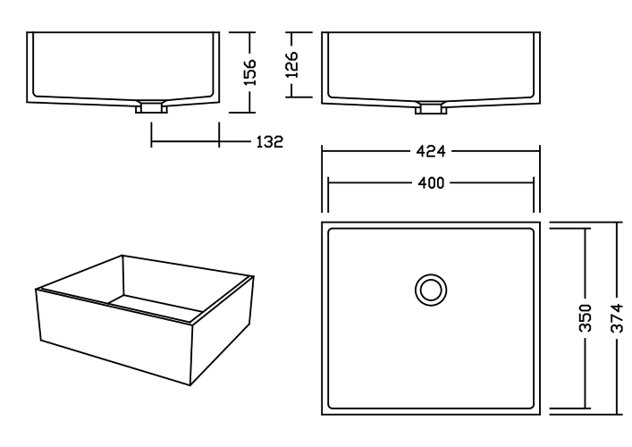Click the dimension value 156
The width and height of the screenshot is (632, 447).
251,72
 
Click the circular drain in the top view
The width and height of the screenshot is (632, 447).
433,289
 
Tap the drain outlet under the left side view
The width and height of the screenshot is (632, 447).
151,109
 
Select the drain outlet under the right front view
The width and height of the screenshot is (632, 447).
433,110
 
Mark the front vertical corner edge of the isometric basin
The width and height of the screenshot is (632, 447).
195,358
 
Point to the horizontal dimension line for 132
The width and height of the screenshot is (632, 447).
185,141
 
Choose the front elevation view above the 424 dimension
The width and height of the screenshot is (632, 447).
433,67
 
